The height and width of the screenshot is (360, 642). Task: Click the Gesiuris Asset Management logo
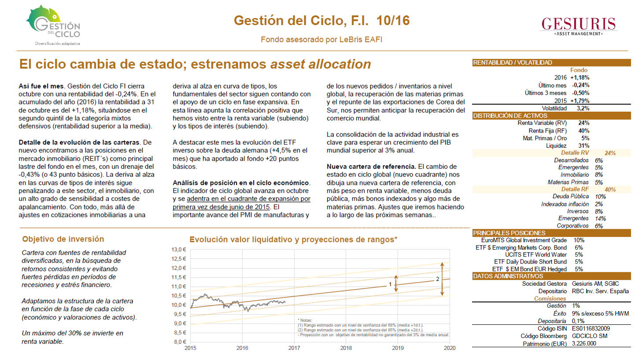point(578,26)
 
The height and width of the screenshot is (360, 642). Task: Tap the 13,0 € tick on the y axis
point(179,250)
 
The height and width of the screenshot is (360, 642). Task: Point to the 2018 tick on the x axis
point(346,348)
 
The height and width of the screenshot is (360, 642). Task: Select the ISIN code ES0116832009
point(591,328)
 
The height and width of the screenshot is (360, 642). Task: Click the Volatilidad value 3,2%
point(583,108)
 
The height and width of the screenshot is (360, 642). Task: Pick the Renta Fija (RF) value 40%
point(584,131)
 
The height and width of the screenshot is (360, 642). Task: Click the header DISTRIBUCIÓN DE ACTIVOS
point(510,116)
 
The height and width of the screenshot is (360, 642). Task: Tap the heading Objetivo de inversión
point(63,239)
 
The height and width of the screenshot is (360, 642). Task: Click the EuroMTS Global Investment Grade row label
point(524,240)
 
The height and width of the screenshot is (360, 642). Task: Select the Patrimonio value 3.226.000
point(584,344)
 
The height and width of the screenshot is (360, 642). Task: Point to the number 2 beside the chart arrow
point(438,279)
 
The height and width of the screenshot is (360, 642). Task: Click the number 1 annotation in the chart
point(390,284)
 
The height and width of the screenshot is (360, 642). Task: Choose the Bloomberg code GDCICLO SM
point(589,336)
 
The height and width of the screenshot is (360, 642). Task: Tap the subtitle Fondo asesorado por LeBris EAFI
point(321,40)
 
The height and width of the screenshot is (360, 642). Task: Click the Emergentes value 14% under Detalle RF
point(600,218)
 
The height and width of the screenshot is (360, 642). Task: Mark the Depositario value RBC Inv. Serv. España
point(600,291)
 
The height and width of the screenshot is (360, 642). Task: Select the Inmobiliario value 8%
point(598,175)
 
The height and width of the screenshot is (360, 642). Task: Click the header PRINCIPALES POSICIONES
point(509,233)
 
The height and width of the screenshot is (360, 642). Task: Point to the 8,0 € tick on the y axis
point(180,342)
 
